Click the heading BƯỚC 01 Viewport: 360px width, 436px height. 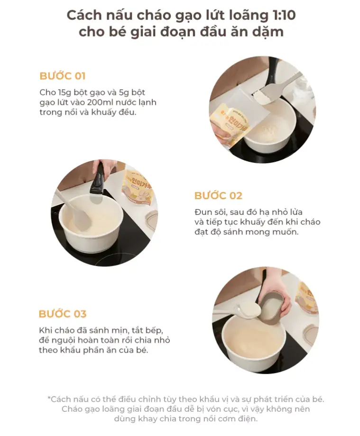63,76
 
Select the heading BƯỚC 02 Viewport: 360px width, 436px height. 218,195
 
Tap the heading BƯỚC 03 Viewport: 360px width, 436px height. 63,314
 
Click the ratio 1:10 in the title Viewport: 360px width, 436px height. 282,15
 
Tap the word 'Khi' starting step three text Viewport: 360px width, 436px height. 46,330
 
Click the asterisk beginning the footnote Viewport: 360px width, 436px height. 49,398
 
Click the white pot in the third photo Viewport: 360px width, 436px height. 254,340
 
